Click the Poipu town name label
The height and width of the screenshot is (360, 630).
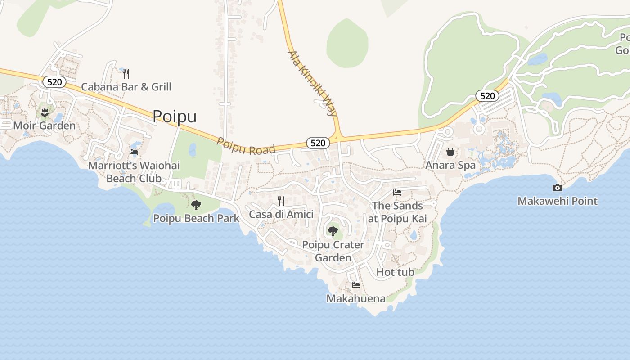click(x=175, y=116)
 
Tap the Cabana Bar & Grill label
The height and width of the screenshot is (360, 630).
click(x=126, y=87)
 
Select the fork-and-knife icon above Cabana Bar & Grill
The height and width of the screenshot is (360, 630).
click(x=126, y=73)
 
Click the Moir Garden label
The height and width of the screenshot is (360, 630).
click(x=44, y=126)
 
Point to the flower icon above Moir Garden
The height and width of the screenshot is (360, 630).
click(x=44, y=112)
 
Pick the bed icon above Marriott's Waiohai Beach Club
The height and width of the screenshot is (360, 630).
click(x=134, y=152)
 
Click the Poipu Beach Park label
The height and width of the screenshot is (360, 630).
click(x=196, y=219)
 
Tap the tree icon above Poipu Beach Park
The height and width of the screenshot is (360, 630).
click(x=196, y=206)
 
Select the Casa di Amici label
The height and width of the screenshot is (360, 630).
click(x=281, y=214)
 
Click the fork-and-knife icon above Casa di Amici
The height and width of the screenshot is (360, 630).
click(x=281, y=201)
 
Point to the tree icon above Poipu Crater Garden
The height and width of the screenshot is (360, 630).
click(x=333, y=231)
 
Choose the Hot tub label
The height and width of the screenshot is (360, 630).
click(x=395, y=272)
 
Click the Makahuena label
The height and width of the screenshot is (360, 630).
click(x=356, y=298)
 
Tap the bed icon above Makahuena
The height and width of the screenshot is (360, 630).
click(x=356, y=285)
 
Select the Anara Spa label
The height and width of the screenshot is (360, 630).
click(x=450, y=165)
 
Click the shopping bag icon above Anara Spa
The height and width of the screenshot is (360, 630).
click(x=450, y=152)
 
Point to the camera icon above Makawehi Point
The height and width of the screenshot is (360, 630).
click(x=558, y=188)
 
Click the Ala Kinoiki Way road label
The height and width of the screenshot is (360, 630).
click(x=312, y=84)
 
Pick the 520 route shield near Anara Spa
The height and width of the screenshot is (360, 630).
click(x=487, y=96)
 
